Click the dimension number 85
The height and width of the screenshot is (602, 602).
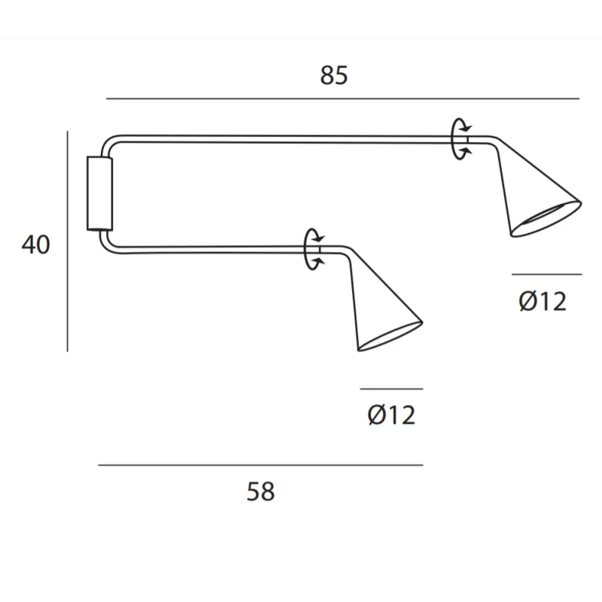click(334, 75)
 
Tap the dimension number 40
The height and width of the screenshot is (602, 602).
click(35, 245)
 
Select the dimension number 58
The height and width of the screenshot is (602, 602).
click(260, 491)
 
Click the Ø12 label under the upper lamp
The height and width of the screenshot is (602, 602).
click(543, 301)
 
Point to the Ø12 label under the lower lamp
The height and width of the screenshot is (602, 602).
click(391, 415)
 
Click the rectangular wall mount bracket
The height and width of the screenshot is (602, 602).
click(100, 193)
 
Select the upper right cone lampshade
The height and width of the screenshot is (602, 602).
click(537, 188)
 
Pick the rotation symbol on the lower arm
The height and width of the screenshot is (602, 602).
click(307, 250)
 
